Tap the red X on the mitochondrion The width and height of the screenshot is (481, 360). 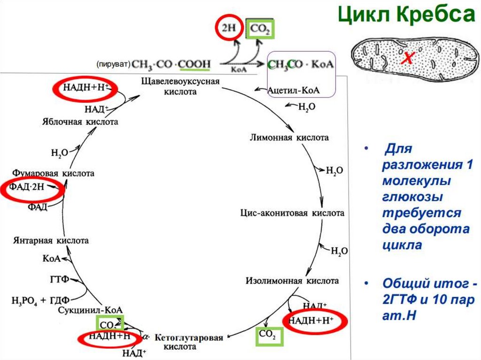pos(408,58)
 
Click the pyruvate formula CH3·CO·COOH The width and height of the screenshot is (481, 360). pos(171,63)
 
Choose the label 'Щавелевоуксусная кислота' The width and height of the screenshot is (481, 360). pos(180,86)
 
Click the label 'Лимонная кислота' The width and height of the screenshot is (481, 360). pos(289,138)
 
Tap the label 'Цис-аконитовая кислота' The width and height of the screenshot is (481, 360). pos(292,213)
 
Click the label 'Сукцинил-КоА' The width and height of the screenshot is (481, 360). pos(97,310)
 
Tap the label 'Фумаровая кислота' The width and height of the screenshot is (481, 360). pos(54,173)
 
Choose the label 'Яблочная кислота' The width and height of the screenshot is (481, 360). pos(78,122)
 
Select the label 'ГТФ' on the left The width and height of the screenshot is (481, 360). pos(59,280)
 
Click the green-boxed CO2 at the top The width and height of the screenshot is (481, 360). pos(260,30)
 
